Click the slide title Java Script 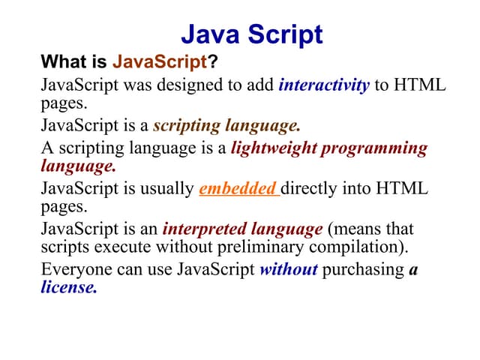252,34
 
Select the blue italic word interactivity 323,85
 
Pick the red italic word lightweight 273,148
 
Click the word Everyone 74,269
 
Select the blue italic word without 288,269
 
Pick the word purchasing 364,269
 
